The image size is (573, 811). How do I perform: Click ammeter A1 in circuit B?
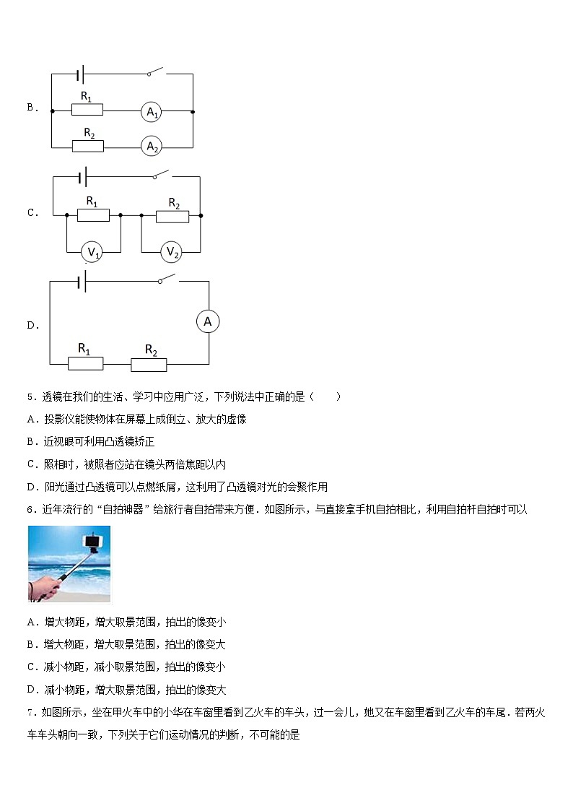click(x=152, y=112)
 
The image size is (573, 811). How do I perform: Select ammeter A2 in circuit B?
click(x=152, y=147)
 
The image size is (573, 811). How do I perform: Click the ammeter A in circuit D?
click(x=208, y=322)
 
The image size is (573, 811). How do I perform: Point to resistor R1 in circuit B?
click(x=87, y=110)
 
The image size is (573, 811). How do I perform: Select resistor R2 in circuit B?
click(x=88, y=146)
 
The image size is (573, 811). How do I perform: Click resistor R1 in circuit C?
click(x=93, y=214)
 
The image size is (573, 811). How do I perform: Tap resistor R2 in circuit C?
click(x=173, y=215)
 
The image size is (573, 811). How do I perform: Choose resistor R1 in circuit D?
click(x=84, y=363)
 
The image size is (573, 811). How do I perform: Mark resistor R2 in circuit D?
click(x=150, y=364)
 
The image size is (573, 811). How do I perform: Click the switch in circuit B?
click(x=156, y=72)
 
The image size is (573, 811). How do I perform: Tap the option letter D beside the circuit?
click(x=32, y=326)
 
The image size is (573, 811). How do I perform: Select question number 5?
click(x=30, y=396)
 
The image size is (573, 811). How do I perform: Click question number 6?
click(x=30, y=510)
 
